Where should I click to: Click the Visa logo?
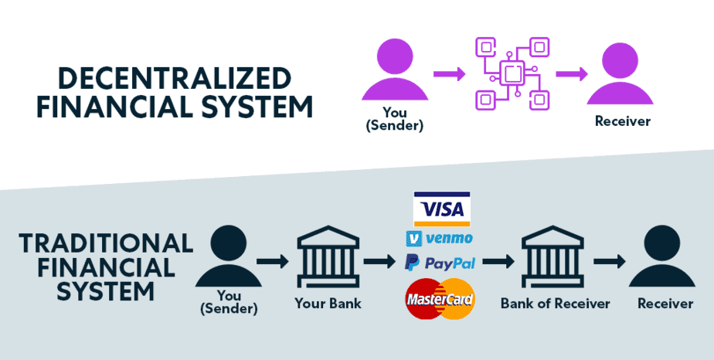[x=441, y=209]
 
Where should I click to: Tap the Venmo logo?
[x=439, y=238]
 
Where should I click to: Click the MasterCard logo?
[x=440, y=298]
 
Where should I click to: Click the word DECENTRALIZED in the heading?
[x=175, y=79]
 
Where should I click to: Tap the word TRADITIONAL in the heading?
[x=106, y=243]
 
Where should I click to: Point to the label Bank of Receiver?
[x=555, y=303]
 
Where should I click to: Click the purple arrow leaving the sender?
[x=449, y=75]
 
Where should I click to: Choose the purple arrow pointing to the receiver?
[x=571, y=75]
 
